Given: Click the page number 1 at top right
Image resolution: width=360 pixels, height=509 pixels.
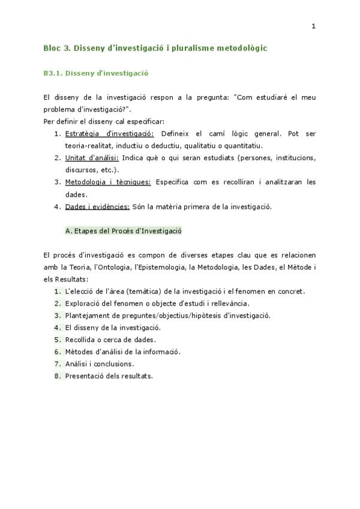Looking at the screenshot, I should click(313, 26).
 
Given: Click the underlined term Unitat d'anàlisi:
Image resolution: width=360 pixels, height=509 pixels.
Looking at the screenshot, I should click(92, 158).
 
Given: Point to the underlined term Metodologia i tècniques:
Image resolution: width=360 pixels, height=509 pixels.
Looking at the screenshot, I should click(108, 182).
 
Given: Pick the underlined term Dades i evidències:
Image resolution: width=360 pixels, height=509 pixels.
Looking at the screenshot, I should click(97, 206).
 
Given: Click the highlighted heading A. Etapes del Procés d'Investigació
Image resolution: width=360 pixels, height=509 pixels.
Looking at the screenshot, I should click(123, 230).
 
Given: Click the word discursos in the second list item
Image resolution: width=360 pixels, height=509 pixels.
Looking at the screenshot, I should click(81, 170).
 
